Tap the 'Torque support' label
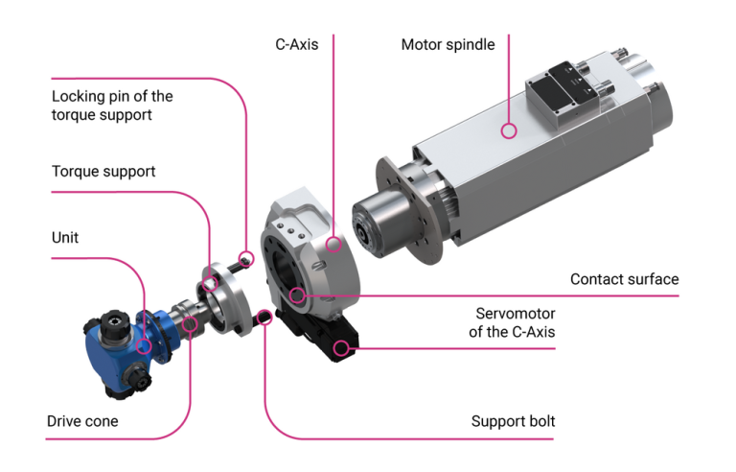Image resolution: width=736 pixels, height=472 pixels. [103, 172]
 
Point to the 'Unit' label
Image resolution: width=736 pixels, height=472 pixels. [66, 237]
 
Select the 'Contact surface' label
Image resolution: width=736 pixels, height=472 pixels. [624, 279]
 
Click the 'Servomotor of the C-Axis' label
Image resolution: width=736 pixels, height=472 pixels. [516, 323]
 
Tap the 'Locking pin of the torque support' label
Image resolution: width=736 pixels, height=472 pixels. [112, 106]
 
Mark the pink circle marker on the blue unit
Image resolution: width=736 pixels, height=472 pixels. [144, 346]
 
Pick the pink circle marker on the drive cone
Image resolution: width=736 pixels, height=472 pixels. [190, 324]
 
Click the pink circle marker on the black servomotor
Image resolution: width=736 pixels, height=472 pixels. [342, 347]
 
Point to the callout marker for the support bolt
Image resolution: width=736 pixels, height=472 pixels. [265, 317]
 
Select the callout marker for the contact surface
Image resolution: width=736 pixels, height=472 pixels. [298, 295]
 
